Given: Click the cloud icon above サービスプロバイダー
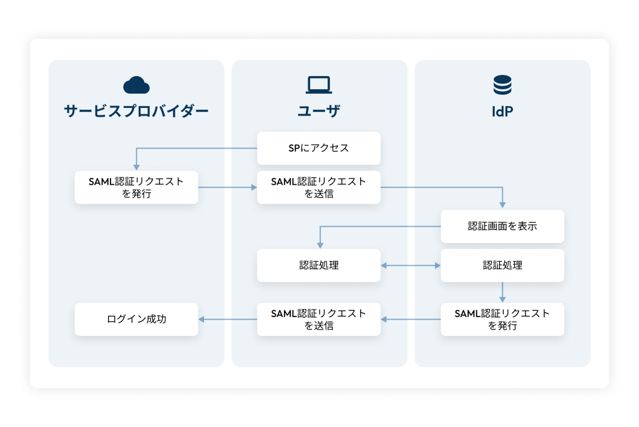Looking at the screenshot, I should point(136,84).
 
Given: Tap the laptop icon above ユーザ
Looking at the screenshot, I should point(319,84).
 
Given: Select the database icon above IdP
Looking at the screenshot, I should point(502,84).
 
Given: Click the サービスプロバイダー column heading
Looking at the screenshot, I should point(136,111).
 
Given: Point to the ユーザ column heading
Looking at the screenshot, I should point(319,111).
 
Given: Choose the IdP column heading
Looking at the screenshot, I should point(502,112).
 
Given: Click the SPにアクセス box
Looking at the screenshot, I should point(319,148).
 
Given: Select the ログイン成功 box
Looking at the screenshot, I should point(136,319).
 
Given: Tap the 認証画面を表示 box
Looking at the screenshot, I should point(502,226).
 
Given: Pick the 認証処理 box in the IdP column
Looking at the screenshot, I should point(502,265).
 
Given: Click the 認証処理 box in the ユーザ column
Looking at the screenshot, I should point(319,265).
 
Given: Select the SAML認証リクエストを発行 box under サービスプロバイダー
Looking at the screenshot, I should point(136,187).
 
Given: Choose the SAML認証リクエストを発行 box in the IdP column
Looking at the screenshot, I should point(502,319).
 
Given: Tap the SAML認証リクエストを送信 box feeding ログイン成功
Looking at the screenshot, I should point(319,319).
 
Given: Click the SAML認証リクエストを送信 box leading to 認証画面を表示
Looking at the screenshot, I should point(319,187).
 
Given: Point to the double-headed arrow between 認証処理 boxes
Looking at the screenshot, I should point(411,265).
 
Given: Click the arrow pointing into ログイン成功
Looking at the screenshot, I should point(228,319).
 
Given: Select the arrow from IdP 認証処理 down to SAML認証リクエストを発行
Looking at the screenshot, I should point(502,292).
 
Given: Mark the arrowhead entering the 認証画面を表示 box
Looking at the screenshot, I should point(502,205).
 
